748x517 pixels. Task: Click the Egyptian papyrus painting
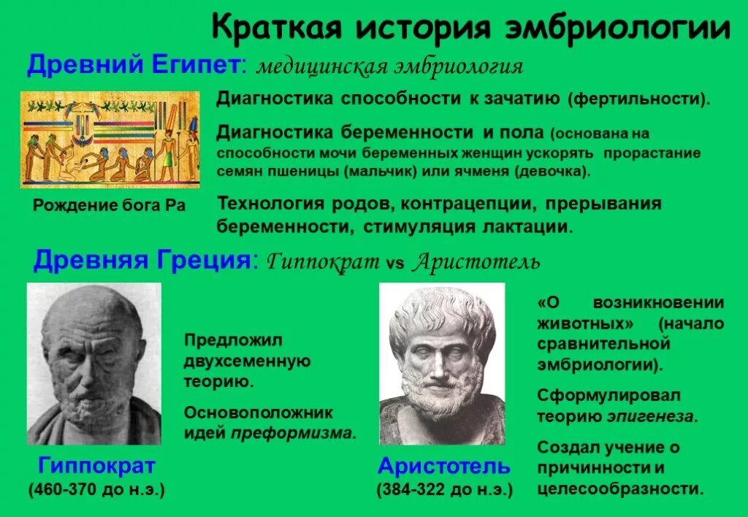[110, 139]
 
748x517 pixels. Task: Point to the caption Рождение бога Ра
[110, 205]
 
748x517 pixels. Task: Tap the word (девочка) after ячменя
[552, 172]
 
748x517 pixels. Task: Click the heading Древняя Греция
[142, 260]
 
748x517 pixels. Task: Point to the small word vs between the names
[394, 263]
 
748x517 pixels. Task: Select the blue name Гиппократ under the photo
[96, 465]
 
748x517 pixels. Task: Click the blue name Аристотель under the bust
[444, 465]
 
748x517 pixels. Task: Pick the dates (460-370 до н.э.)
[96, 489]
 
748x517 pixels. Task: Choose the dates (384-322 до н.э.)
[444, 489]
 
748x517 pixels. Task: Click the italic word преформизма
[292, 432]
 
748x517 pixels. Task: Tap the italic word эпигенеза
[652, 417]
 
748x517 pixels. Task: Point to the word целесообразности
[620, 488]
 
